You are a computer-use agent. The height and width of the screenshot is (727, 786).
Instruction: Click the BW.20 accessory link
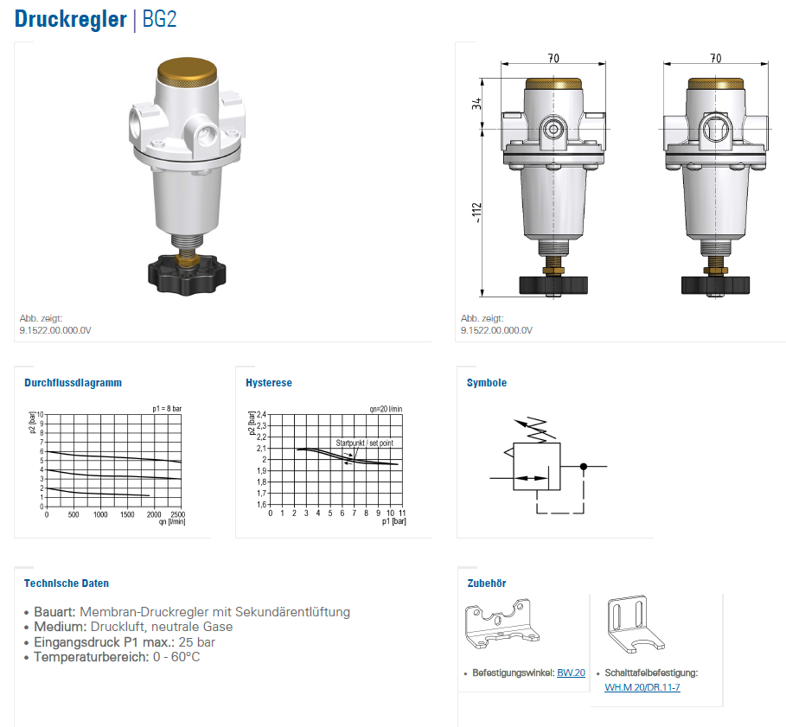pyautogui.click(x=571, y=673)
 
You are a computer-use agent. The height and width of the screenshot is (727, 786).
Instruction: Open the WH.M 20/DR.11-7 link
pyautogui.click(x=642, y=687)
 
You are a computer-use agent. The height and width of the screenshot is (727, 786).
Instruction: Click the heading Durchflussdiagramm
pyautogui.click(x=73, y=383)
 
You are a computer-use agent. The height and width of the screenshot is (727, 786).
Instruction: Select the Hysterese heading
pyautogui.click(x=269, y=383)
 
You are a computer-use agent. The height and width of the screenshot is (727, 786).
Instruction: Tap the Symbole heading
pyautogui.click(x=487, y=383)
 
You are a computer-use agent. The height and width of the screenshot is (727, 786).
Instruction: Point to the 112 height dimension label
pyautogui.click(x=476, y=213)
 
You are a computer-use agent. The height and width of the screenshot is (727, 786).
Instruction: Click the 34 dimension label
pyautogui.click(x=476, y=104)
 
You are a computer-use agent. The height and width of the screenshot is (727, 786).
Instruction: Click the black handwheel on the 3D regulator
pyautogui.click(x=187, y=275)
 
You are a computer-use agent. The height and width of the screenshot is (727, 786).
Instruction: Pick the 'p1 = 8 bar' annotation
pyautogui.click(x=167, y=409)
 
